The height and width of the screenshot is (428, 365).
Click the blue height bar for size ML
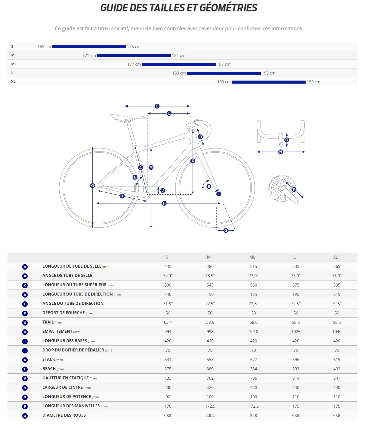point(179,64)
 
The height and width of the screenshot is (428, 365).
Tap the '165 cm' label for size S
point(44,47)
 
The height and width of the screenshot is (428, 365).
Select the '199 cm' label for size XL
point(313,82)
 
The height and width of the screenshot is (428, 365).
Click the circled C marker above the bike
point(157,106)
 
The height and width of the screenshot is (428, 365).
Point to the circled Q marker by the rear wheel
point(92,186)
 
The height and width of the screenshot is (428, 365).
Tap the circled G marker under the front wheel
point(226,230)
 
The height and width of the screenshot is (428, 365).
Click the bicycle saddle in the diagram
point(127,118)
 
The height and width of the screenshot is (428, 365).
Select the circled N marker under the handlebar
point(281,152)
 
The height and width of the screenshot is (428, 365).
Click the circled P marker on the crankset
point(294,190)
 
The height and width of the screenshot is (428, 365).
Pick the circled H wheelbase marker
point(164,203)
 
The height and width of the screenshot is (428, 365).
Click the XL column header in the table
point(335,257)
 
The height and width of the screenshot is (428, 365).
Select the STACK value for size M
point(210,360)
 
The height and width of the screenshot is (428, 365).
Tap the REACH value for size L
point(296,369)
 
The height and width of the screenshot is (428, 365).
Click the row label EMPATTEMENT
point(57,332)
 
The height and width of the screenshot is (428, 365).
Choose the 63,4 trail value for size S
point(168,322)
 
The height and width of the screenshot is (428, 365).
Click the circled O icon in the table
point(25,397)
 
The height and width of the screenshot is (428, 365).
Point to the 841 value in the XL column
point(337,378)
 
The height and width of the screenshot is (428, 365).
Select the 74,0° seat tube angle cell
point(168,276)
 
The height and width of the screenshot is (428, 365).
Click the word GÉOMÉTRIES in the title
point(228,8)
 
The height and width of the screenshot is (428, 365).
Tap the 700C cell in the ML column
point(253,415)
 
